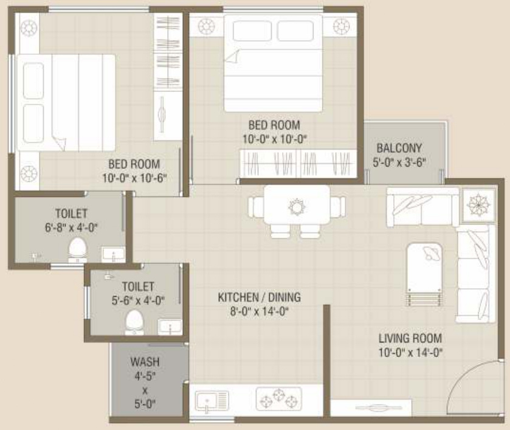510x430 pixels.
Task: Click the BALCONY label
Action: click(399, 148)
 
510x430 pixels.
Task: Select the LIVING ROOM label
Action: click(410, 338)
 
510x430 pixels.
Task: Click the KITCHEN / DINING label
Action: click(260, 297)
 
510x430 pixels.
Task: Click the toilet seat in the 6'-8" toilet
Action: click(77, 249)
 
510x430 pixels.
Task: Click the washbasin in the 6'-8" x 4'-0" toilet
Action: click(112, 253)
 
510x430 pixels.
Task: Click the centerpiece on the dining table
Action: click(297, 207)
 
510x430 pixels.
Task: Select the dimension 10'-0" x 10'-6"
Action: click(134, 178)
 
